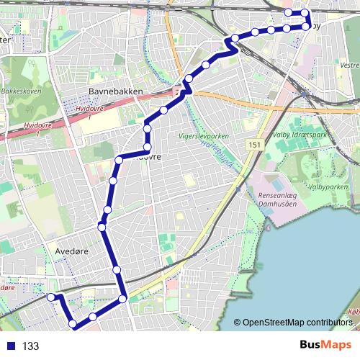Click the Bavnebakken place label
click(117, 91)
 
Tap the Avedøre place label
click(71, 252)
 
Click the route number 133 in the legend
click(30, 346)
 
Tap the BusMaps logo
click(325, 345)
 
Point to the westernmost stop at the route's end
click(51, 297)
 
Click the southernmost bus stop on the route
click(73, 325)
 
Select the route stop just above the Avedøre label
click(102, 228)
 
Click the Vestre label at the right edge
click(348, 65)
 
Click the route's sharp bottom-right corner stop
click(123, 298)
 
